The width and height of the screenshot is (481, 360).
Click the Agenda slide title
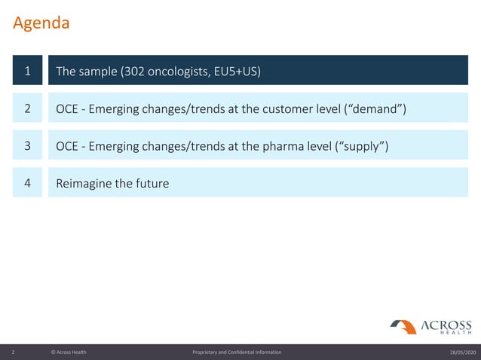point(41,23)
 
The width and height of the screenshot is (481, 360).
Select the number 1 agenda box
point(27,72)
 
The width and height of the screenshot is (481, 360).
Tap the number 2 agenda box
point(27,108)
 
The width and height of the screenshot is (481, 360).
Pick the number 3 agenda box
point(27,145)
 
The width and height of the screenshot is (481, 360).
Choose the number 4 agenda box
point(27,183)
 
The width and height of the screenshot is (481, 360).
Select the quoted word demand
point(376,109)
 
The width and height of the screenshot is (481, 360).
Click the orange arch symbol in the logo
point(404,326)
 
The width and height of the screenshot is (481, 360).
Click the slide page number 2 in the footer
point(14,352)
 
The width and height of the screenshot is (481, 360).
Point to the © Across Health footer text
point(69,352)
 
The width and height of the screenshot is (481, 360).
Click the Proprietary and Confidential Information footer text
point(237,352)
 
